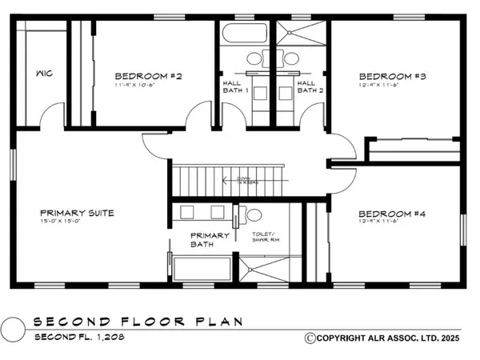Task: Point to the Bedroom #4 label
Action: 390,214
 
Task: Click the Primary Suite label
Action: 78,214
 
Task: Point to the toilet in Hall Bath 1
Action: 254,58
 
